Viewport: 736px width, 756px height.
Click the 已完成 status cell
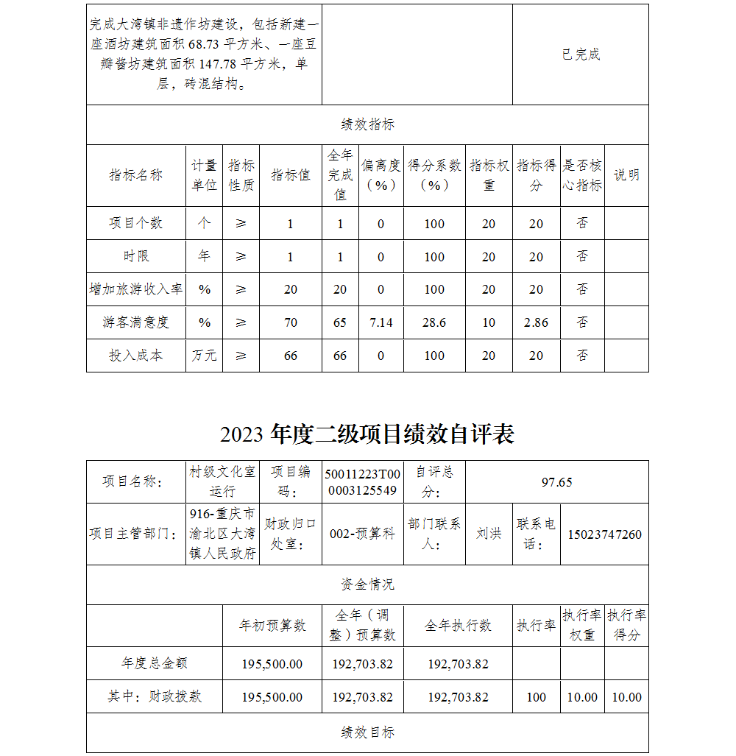point(581,54)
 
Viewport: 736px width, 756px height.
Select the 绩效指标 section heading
point(367,124)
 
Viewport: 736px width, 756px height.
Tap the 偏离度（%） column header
point(381,175)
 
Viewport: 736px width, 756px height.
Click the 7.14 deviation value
point(381,322)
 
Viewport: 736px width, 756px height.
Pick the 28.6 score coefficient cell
point(434,322)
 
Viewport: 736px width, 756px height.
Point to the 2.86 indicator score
point(536,322)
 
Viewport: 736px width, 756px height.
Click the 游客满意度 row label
point(136,322)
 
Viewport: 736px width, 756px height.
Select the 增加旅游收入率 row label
point(136,289)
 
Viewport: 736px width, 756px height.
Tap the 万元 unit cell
point(204,356)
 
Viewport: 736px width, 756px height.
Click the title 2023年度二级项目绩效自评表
point(367,435)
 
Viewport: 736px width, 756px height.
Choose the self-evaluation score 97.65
point(556,482)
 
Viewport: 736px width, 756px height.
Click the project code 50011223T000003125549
point(363,482)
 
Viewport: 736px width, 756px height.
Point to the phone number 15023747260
point(604,534)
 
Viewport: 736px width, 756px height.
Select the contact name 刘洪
point(489,534)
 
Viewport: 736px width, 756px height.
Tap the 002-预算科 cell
point(362,534)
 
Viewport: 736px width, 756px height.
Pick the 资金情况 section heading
point(367,584)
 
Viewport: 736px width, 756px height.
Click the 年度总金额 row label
point(155,663)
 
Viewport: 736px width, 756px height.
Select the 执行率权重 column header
point(582,625)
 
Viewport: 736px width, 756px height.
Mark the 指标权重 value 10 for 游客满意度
point(489,322)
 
